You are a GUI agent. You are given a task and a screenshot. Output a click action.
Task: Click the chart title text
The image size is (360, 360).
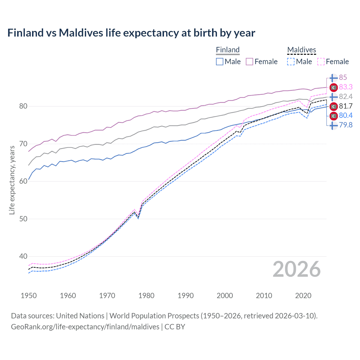point(131,33)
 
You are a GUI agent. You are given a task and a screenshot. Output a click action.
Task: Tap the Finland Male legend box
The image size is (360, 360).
point(220,62)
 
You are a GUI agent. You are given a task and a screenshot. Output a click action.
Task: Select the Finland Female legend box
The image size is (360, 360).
point(249,62)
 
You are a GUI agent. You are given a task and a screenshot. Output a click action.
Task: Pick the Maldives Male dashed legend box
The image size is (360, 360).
point(291,62)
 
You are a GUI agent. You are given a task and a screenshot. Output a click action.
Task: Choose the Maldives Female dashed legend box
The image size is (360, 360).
point(321,62)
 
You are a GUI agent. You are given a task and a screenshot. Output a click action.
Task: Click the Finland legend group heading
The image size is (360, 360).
point(228,50)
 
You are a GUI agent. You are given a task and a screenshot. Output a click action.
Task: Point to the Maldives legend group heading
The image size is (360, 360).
point(301,50)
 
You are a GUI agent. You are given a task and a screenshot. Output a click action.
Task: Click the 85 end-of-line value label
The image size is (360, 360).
point(343,78)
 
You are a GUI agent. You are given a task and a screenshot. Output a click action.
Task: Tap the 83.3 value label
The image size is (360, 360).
point(346,87)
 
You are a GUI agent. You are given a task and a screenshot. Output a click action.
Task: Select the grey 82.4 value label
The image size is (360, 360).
point(346,97)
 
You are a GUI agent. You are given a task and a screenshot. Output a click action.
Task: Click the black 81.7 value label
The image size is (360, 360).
point(346,106)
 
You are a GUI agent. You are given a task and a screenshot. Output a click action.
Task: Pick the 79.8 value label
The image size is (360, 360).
point(346,125)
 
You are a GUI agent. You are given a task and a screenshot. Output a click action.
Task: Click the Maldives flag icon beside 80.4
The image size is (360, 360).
point(334,116)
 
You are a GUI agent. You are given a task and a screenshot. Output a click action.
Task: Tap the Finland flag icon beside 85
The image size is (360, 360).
point(334,78)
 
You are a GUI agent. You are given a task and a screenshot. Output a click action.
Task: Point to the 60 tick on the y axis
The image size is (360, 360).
point(23,181)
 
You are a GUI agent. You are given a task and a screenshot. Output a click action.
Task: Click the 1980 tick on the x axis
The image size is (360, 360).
point(146,296)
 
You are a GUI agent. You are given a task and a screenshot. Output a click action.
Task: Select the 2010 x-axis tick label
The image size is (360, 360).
point(264,296)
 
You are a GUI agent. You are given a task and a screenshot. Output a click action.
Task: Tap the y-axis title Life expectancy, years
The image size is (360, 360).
point(12,180)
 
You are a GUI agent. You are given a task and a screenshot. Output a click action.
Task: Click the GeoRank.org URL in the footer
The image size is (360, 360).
point(85,327)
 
